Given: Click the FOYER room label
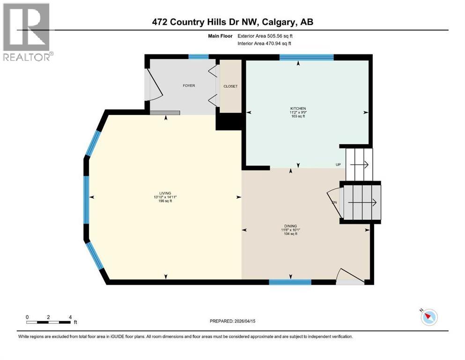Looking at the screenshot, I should click(x=189, y=86).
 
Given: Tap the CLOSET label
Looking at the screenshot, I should click(x=230, y=86).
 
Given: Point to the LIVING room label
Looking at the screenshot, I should click(x=165, y=193).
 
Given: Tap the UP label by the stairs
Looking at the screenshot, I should click(x=338, y=165).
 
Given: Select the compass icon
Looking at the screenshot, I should click(x=428, y=317).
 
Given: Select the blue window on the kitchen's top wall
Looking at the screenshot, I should click(x=306, y=57).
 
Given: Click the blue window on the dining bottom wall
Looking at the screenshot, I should click(x=290, y=282).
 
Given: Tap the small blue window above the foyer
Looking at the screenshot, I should click(x=198, y=57).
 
